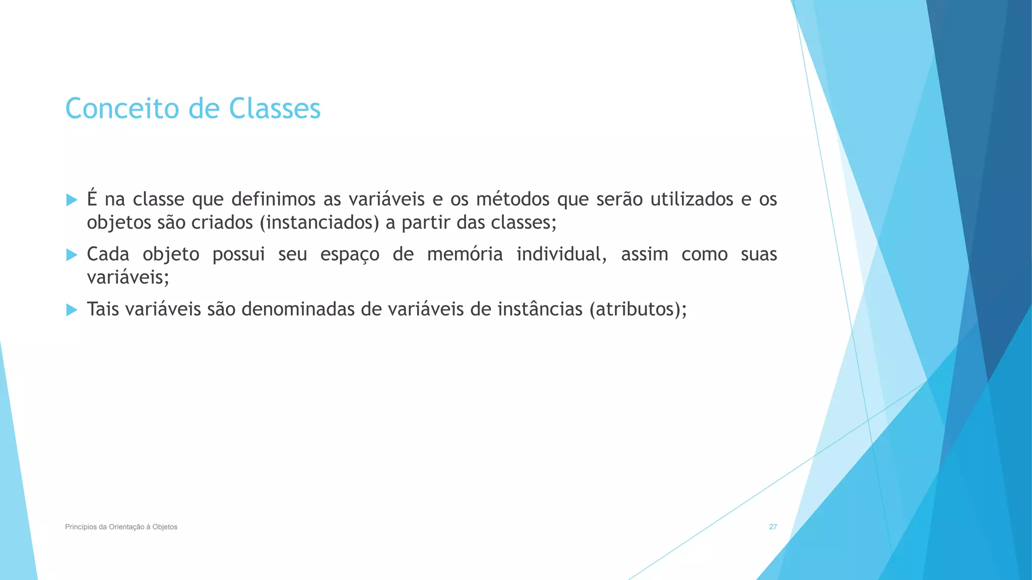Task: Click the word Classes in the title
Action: point(275,109)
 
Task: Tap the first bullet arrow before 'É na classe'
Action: point(72,200)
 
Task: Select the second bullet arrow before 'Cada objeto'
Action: point(72,255)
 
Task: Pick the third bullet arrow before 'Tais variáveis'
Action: point(72,310)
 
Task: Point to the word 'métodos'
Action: point(512,199)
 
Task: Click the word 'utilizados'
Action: point(691,199)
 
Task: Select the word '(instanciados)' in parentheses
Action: point(319,223)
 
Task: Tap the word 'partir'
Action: point(426,223)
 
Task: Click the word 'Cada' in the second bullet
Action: point(108,254)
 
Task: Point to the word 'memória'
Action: point(465,254)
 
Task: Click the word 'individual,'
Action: point(561,254)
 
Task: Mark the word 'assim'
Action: point(644,254)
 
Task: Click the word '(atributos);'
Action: point(637,309)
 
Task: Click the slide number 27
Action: point(772,527)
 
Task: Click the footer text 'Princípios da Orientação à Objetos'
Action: point(121,527)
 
